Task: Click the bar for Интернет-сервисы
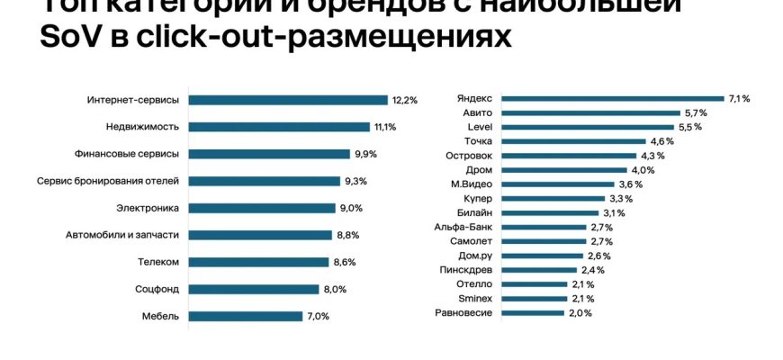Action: [286, 100]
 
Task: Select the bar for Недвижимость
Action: [278, 127]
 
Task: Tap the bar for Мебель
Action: [244, 316]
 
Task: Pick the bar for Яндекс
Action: [612, 98]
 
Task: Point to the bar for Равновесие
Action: [532, 312]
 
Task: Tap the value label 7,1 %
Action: [740, 98]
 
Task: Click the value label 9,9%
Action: [365, 154]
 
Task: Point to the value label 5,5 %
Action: [691, 127]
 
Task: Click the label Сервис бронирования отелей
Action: [121, 181]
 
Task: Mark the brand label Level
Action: [479, 127]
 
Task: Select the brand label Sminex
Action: [475, 298]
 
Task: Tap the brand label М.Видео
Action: [471, 184]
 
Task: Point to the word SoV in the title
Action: [69, 39]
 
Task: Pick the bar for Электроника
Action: [261, 208]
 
